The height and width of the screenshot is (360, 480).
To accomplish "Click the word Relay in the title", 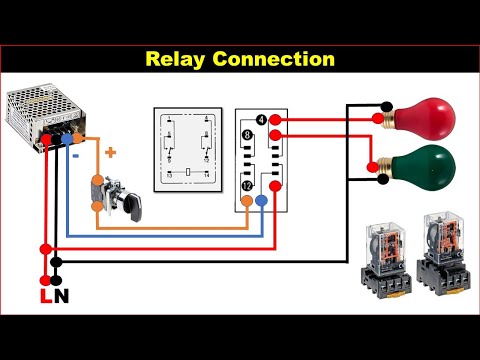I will pyautogui.click(x=178, y=59).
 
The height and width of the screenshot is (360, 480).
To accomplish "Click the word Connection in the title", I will pyautogui.click(x=270, y=59).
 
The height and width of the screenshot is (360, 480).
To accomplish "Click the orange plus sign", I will pyautogui.click(x=110, y=153).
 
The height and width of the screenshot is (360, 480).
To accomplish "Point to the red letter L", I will pyautogui.click(x=43, y=296).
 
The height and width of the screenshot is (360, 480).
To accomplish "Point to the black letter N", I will pyautogui.click(x=61, y=296).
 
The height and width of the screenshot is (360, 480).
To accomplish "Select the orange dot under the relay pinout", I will pyautogui.click(x=246, y=201).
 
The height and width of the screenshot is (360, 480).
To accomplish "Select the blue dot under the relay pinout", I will pyautogui.click(x=261, y=201).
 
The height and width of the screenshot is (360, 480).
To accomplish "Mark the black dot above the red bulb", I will pyautogui.click(x=384, y=103).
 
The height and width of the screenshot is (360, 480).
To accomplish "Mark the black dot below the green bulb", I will pyautogui.click(x=384, y=181).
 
